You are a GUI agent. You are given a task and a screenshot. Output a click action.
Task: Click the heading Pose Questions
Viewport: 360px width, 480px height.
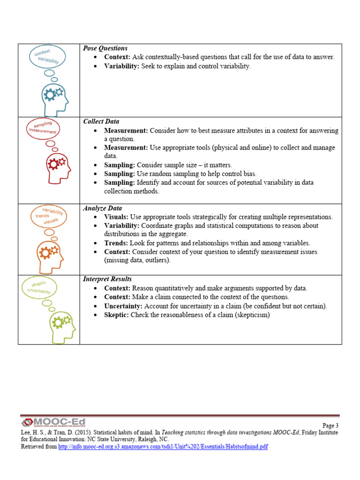pyautogui.click(x=105, y=48)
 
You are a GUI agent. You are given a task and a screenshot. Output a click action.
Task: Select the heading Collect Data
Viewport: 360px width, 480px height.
pyautogui.click(x=101, y=122)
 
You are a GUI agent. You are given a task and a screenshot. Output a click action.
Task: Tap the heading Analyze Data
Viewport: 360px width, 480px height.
pyautogui.click(x=103, y=208)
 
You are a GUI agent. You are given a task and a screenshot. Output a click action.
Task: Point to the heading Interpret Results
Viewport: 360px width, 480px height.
pyautogui.click(x=107, y=279)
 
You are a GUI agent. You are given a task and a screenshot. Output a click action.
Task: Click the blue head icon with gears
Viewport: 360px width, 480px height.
pyautogui.click(x=55, y=99)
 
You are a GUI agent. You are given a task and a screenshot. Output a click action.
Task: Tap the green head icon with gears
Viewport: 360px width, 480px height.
pyautogui.click(x=60, y=326)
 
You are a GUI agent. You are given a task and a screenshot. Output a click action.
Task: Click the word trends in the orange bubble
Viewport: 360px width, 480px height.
pyautogui.click(x=42, y=216)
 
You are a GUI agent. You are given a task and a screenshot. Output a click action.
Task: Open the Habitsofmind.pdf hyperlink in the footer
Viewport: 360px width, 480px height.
pyautogui.click(x=163, y=447)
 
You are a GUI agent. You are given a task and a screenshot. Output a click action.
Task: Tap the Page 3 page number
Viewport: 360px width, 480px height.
pyautogui.click(x=330, y=426)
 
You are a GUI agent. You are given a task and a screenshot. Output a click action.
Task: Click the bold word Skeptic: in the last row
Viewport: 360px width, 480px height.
pyautogui.click(x=117, y=315)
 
